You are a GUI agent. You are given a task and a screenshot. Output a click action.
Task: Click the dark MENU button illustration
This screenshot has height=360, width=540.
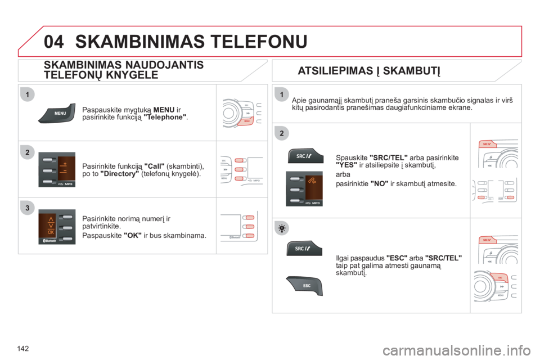pyautogui.click(x=57, y=113)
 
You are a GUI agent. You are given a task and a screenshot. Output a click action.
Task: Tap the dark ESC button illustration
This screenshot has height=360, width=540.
pyautogui.click(x=304, y=286)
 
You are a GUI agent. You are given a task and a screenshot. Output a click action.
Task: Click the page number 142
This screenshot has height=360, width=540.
pyautogui.click(x=22, y=349)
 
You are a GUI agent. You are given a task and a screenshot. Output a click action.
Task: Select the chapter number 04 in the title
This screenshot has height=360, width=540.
pyautogui.click(x=54, y=42)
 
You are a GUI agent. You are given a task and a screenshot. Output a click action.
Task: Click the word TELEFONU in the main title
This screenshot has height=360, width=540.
pyautogui.click(x=259, y=42)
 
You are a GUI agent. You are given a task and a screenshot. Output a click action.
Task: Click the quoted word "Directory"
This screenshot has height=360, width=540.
pyautogui.click(x=119, y=174)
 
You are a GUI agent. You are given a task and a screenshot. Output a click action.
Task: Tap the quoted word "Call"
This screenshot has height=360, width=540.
pyautogui.click(x=154, y=166)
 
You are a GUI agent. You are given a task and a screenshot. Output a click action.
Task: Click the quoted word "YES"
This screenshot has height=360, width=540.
pyautogui.click(x=346, y=165)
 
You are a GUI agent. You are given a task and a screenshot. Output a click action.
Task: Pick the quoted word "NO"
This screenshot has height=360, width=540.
pyautogui.click(x=380, y=184)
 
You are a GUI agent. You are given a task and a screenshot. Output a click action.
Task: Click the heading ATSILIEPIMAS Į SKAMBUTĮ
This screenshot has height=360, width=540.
pyautogui.click(x=369, y=71)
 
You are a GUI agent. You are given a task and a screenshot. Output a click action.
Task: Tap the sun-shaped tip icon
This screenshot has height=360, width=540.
pyautogui.click(x=282, y=228)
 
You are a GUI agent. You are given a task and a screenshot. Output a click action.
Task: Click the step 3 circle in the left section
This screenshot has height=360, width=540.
pyautogui.click(x=28, y=208)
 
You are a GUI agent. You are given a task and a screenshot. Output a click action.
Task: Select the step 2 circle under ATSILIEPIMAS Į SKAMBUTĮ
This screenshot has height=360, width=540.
pyautogui.click(x=282, y=133)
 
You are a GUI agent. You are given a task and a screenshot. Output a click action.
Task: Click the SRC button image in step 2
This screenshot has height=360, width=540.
pyautogui.click(x=305, y=156)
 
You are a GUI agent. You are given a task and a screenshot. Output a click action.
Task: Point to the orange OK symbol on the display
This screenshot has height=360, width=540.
pyautogui.click(x=51, y=232)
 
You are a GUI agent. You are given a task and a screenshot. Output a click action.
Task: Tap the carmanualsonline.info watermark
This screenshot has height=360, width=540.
pyautogui.click(x=456, y=351)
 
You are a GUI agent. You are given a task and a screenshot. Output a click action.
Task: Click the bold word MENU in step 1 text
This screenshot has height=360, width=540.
pyautogui.click(x=164, y=110)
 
